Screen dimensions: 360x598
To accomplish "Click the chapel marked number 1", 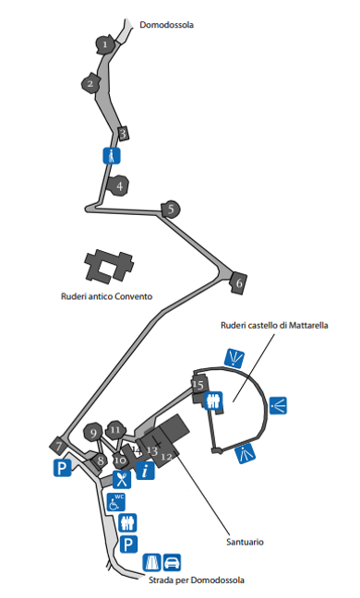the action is pos(104,44).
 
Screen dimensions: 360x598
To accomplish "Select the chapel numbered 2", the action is pos(90,83).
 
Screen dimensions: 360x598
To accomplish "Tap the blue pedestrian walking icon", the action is pos(112,156).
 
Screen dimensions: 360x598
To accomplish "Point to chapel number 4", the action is pos(118,185).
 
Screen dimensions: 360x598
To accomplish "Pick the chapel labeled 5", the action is pos(171,209).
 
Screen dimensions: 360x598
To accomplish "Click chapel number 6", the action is pos(238,282).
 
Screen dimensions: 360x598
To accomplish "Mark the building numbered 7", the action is pos(58,446).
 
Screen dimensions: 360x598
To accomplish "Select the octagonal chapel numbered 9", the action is pos(93,433).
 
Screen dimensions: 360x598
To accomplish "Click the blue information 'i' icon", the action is pos(145,471).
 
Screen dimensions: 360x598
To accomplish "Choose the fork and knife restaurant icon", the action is pos(122,479).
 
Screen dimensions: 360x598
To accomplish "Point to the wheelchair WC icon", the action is pos(116,502).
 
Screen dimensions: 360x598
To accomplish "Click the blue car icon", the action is pos(172,563).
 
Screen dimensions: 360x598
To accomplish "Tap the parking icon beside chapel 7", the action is pos(62,468).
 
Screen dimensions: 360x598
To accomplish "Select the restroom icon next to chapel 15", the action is pos(213,401).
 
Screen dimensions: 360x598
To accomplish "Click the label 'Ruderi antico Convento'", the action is pos(107,296).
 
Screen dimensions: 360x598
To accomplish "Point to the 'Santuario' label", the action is pos(245,542).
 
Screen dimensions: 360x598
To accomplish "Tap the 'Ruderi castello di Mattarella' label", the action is pos(274,326).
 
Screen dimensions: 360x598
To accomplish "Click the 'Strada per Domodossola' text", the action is pos(197,580).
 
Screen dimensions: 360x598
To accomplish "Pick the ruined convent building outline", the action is pos(109,267).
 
